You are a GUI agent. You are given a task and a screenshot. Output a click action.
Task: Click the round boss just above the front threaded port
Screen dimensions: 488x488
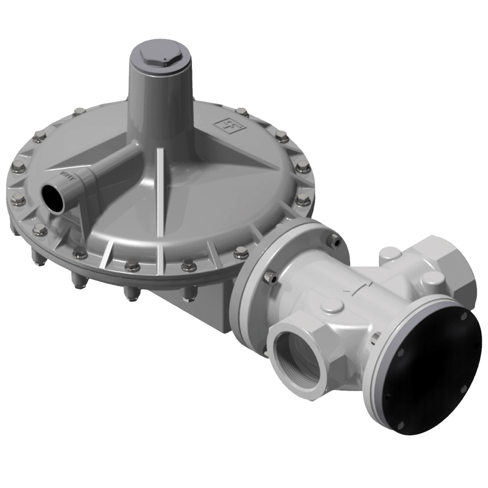pyautogui.click(x=331, y=306)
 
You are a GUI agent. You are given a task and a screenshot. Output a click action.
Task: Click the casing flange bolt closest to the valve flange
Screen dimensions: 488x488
pyautogui.click(x=241, y=253)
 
